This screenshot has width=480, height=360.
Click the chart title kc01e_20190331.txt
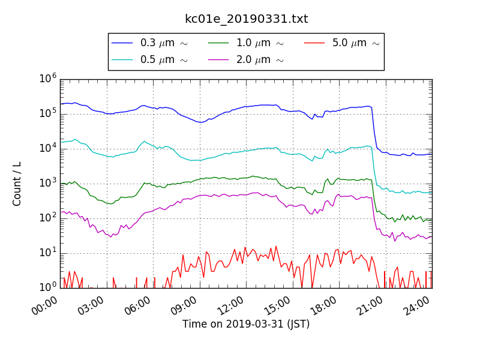[246, 19]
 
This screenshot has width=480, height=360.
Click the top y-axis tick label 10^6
[48, 79]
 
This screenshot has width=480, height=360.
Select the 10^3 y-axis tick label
[48, 183]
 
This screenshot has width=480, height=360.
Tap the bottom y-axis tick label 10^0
[48, 287]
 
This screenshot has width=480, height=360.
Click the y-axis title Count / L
[17, 184]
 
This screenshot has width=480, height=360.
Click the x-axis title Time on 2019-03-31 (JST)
[246, 324]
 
